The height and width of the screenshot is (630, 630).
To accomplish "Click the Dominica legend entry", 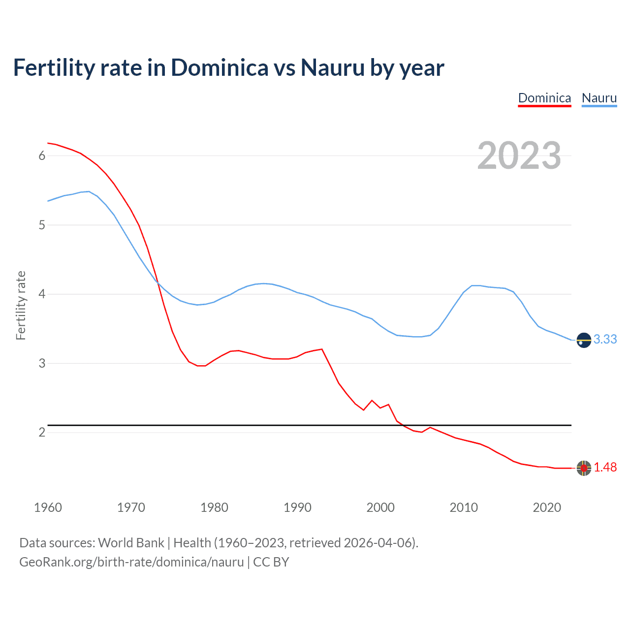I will (544, 98).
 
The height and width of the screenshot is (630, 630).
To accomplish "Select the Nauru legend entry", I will (599, 98).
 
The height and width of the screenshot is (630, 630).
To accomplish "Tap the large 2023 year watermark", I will (519, 156).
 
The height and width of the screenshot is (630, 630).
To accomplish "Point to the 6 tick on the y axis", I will (42, 156).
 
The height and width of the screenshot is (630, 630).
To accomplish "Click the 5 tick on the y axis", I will (42, 225).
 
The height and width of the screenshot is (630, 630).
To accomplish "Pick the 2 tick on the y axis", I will (42, 433).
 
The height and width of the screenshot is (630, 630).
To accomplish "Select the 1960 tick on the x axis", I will (48, 507).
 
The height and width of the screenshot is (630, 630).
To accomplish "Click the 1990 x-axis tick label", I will (297, 507).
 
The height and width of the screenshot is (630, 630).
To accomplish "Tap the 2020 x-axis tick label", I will (547, 507).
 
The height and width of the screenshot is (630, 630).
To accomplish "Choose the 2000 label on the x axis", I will (380, 507).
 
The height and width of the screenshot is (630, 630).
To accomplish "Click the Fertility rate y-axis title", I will (21, 305).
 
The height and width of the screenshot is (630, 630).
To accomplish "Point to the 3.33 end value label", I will (605, 340).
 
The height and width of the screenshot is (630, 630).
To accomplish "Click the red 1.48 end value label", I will (605, 468).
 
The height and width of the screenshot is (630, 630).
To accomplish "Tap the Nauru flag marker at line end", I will (584, 340).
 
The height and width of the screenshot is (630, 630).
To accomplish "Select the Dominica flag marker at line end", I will (584, 468).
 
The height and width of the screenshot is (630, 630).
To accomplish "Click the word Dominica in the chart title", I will (220, 67).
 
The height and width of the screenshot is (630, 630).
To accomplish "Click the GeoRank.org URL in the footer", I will (131, 562).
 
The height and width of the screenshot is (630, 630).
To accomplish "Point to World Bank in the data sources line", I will (131, 543).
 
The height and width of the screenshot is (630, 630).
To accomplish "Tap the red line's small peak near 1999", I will (372, 401).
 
